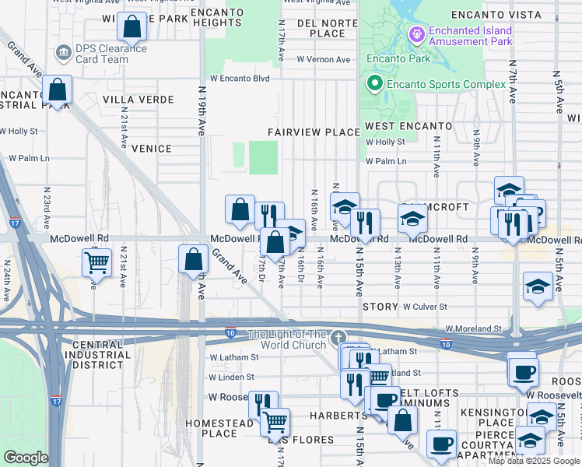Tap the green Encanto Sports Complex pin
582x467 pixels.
click(374, 84)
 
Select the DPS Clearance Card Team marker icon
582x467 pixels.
click(63, 53)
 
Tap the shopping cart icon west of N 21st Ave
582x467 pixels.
click(97, 263)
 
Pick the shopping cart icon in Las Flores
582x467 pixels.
click(275, 422)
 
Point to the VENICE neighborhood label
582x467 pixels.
click(151, 149)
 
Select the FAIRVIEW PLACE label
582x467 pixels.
click(314, 132)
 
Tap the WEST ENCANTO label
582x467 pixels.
click(408, 125)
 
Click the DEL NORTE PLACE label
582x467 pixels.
click(327, 28)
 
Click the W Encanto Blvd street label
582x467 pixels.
click(239, 79)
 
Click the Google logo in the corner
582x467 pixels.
click(26, 458)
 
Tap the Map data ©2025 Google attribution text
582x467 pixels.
click(533, 461)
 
